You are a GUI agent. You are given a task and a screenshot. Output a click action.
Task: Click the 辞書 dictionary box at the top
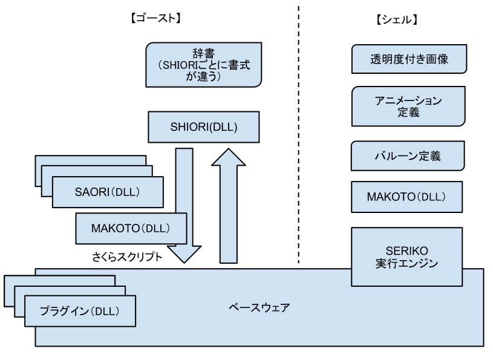coord(204,64)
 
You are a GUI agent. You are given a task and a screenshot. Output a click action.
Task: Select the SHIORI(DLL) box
coord(204,128)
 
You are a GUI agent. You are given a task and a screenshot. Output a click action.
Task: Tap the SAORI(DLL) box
coord(107,192)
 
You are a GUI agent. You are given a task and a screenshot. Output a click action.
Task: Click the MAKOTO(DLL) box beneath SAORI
coord(131,229)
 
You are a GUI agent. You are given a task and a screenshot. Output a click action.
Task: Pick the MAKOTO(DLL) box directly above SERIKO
coord(406,197)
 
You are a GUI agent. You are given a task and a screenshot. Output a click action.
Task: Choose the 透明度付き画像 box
coord(409,60)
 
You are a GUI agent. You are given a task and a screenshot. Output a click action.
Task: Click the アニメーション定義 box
coord(408,106)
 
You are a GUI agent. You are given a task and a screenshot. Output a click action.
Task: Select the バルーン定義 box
coord(408,156)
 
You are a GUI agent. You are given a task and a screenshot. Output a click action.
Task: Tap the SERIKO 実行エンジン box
coord(406,257)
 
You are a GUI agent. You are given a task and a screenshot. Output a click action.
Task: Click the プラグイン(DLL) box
coord(79,312)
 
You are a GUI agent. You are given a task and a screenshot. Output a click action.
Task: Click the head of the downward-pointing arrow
coord(184,254)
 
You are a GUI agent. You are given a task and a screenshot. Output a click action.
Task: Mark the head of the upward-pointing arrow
coord(228,157)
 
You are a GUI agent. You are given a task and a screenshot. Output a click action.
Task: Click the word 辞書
coord(204,53)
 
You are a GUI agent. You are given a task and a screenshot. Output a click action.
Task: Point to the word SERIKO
coord(406,251)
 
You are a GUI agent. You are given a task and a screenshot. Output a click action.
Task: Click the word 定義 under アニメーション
coord(408,113)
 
